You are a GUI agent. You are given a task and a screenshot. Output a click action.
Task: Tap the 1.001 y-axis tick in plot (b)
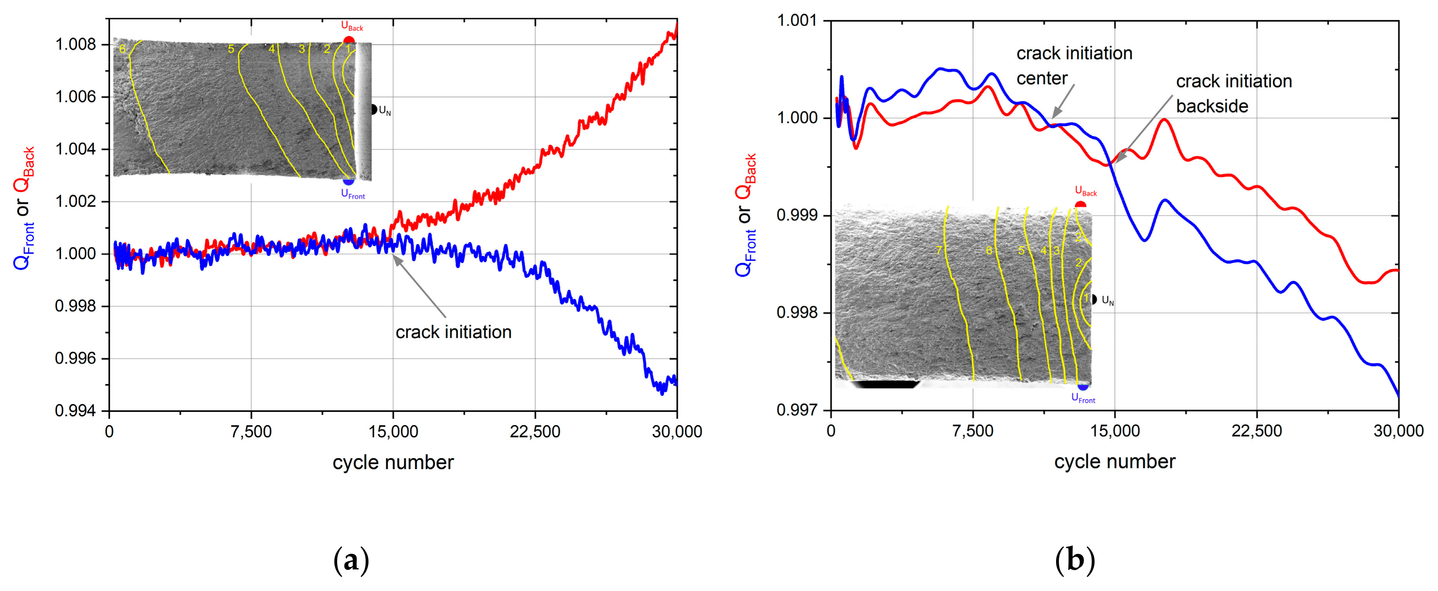[796, 21]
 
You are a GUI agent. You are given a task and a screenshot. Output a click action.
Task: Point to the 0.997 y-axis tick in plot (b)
[796, 410]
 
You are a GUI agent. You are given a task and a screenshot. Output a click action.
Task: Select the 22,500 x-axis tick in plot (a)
[534, 432]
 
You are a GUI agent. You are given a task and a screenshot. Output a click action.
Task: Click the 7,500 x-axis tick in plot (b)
[973, 431]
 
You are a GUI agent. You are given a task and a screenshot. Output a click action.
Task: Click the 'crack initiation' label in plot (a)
[453, 332]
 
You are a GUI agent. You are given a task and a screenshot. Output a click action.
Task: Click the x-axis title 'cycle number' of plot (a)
[393, 463]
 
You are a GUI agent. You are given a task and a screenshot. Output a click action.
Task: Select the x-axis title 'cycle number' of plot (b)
[1114, 462]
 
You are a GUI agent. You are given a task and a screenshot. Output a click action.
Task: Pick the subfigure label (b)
[1075, 560]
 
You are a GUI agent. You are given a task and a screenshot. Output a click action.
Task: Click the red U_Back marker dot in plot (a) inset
[348, 40]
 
